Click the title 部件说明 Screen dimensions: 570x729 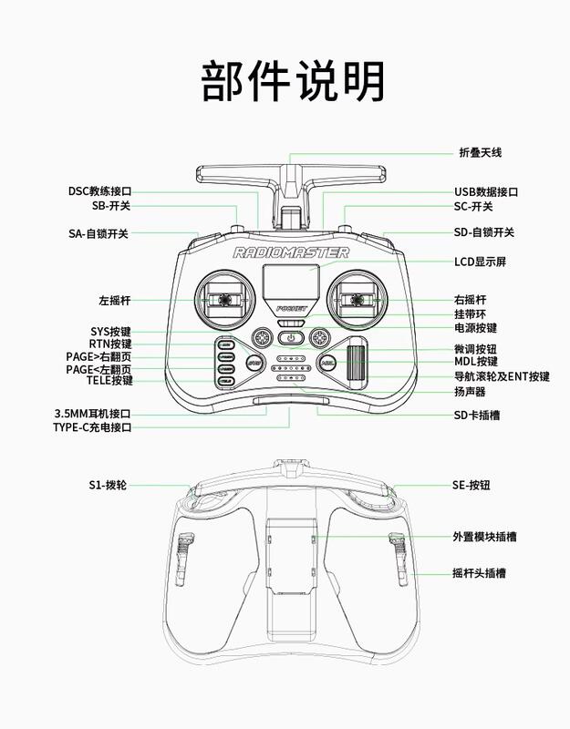click(x=293, y=81)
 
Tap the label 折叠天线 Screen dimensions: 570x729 click(x=481, y=152)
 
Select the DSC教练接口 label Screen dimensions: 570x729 click(x=100, y=191)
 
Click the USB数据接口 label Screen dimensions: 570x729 click(x=486, y=191)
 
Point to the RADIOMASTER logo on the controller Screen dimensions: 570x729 click(x=291, y=252)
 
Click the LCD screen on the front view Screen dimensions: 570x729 click(x=291, y=282)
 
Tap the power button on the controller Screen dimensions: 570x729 click(x=291, y=338)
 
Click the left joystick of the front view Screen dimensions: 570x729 click(x=225, y=300)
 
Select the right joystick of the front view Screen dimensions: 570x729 click(x=358, y=300)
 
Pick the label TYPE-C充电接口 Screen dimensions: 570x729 click(x=92, y=427)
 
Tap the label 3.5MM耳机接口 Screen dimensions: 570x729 click(x=93, y=414)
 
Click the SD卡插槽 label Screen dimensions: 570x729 click(x=477, y=415)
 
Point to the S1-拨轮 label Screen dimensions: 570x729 click(x=108, y=485)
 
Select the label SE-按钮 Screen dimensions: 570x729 click(x=472, y=485)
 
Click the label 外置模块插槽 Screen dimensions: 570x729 click(x=484, y=537)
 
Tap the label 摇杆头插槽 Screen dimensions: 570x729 click(x=480, y=573)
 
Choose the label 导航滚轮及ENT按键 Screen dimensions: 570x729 click(x=503, y=376)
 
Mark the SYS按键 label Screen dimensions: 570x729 click(x=110, y=332)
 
